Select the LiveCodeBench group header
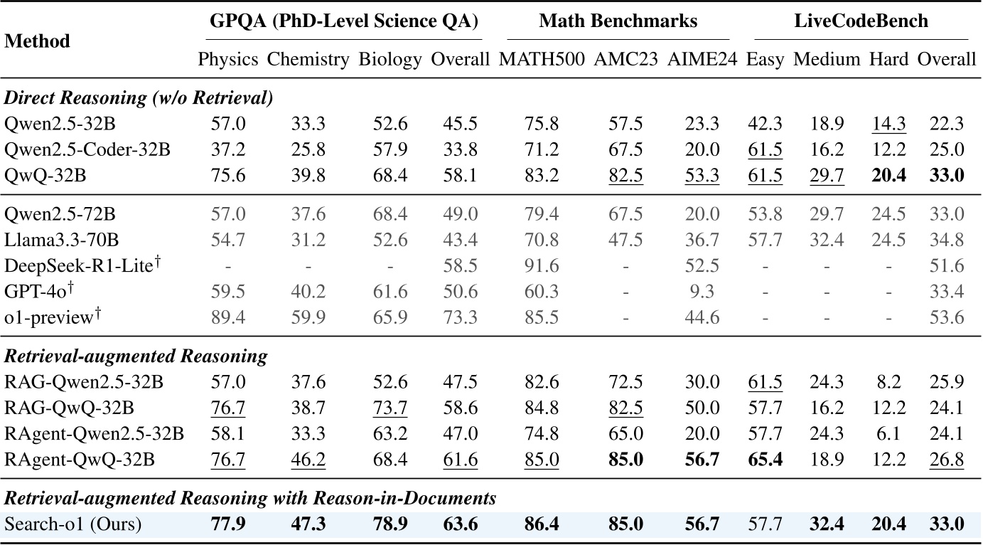pos(861,21)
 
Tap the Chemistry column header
pos(308,59)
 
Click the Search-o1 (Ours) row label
pos(72,524)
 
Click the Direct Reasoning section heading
pos(139,98)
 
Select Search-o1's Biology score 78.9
pos(390,524)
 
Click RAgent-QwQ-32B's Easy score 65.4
pos(765,459)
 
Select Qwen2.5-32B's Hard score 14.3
pos(888,123)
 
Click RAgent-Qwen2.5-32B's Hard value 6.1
pos(888,433)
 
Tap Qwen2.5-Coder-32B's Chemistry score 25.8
pos(308,149)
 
